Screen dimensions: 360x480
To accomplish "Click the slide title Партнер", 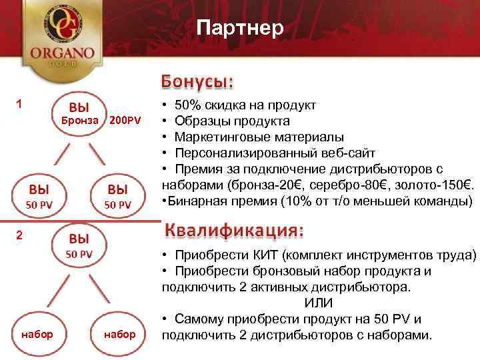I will [x=241, y=27].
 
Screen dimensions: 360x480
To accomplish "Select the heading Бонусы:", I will [x=197, y=81].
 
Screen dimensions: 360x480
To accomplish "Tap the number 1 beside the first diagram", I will [x=20, y=103].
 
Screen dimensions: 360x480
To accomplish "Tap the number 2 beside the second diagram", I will [x=20, y=235].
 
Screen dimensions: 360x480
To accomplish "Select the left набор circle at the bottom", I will [x=37, y=333].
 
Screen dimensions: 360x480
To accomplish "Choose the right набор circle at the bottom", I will [x=120, y=333].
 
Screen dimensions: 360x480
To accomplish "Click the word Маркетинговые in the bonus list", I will [x=217, y=137].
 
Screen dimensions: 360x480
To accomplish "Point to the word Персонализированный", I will [x=242, y=153].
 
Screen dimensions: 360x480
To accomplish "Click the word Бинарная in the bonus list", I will [x=195, y=201].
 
